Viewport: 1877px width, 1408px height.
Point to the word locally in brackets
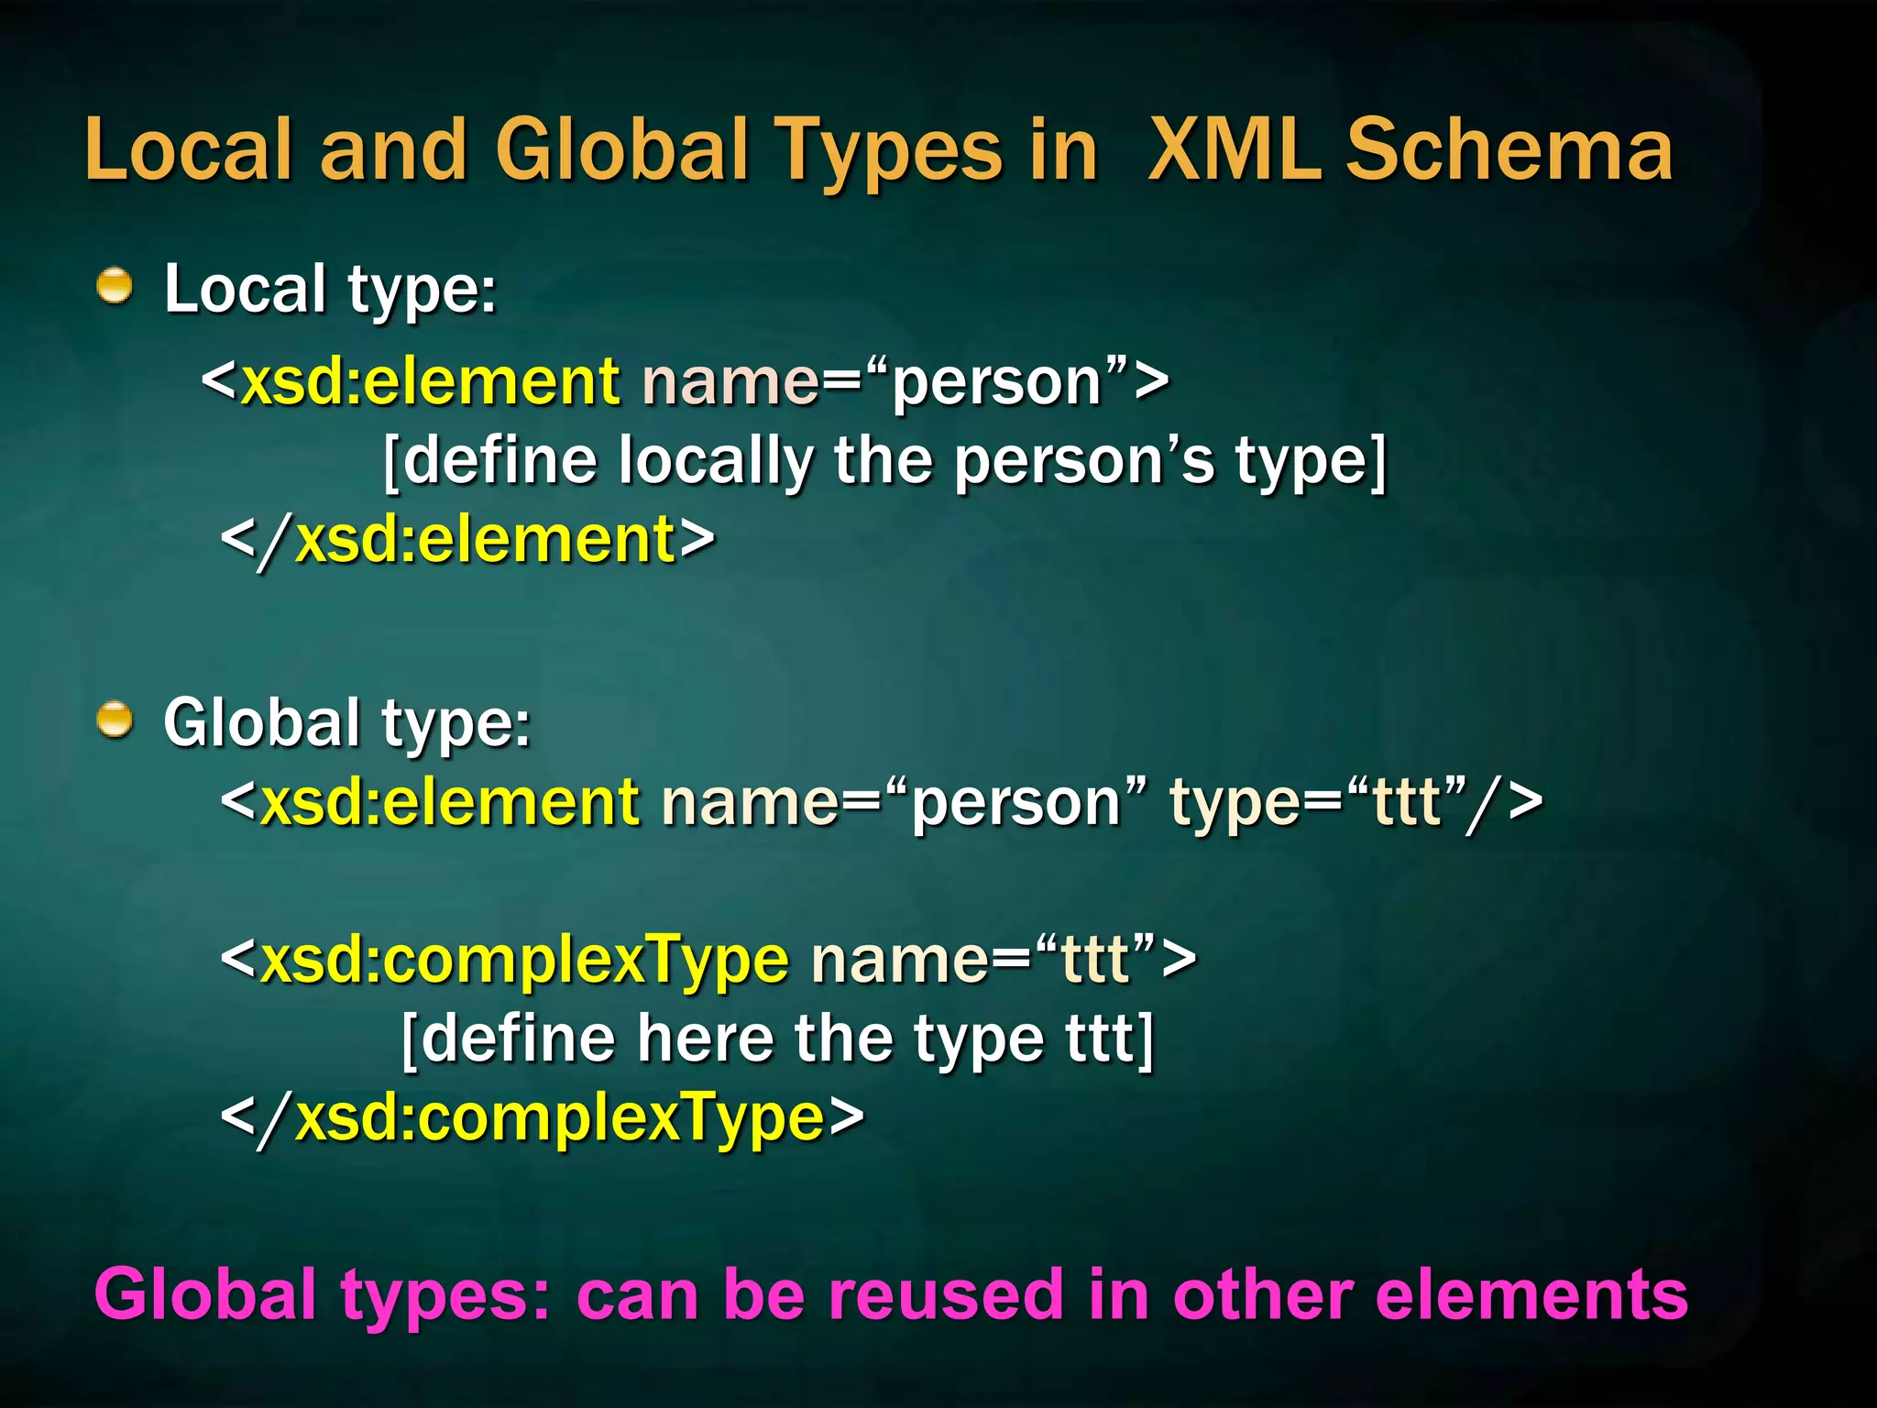pos(715,460)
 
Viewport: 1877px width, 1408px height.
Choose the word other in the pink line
pos(1261,1294)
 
